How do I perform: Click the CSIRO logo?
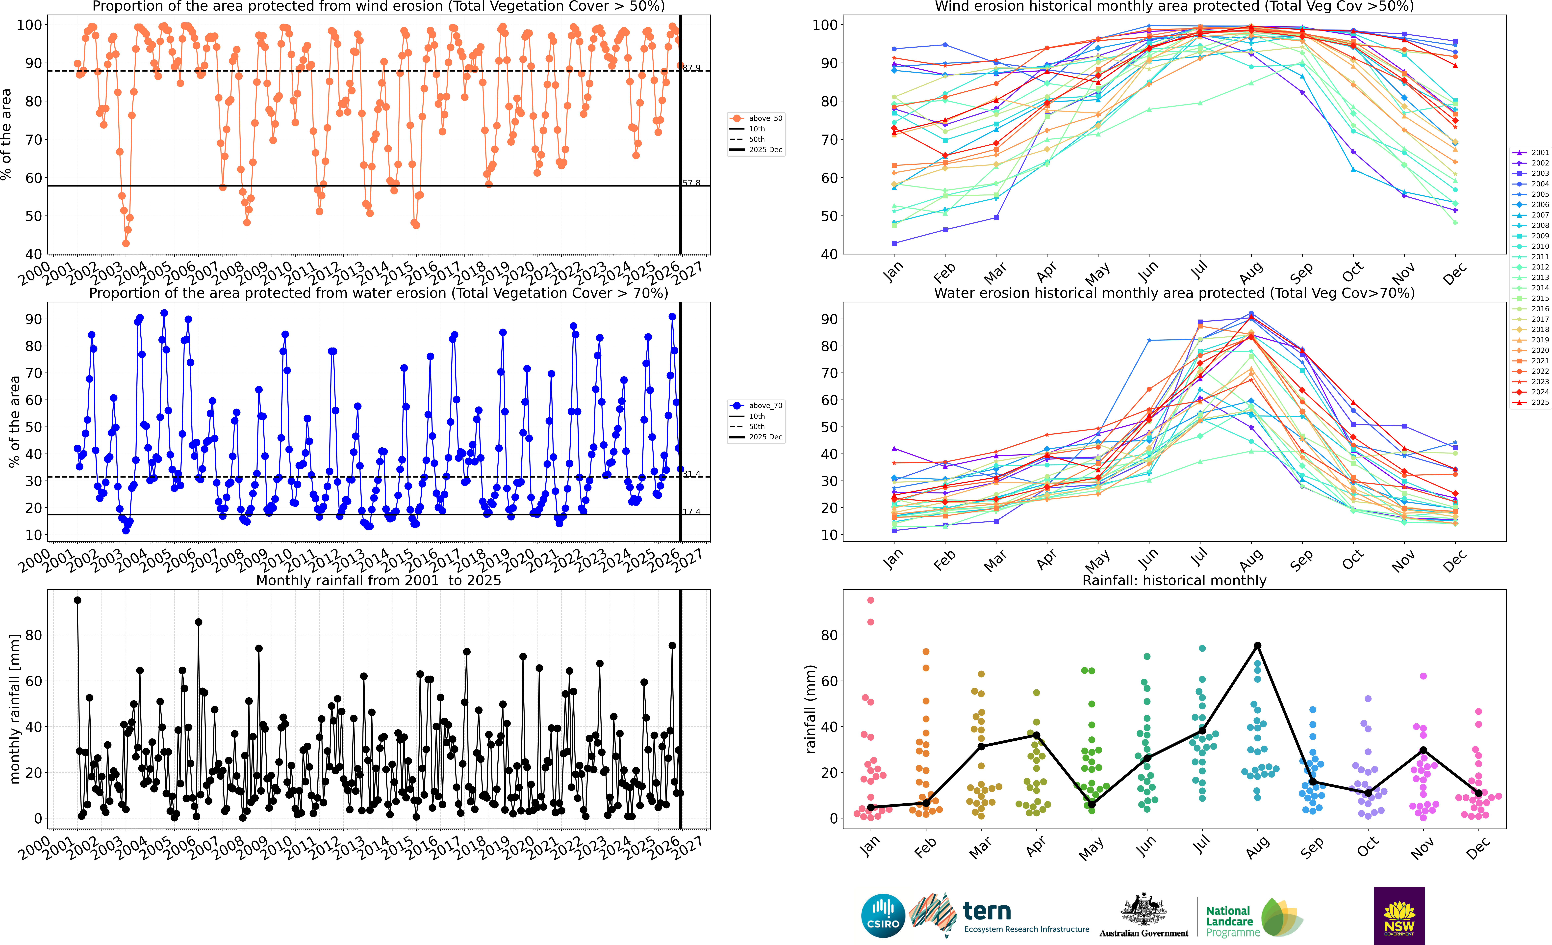pyautogui.click(x=882, y=915)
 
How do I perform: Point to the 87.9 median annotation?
pyautogui.click(x=692, y=67)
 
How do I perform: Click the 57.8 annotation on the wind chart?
pyautogui.click(x=692, y=183)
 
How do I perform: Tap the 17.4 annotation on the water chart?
pyautogui.click(x=692, y=512)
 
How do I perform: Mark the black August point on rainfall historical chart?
pyautogui.click(x=1257, y=646)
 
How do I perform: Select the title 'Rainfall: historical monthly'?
pyautogui.click(x=1174, y=580)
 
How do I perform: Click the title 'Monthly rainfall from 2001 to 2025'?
pyautogui.click(x=379, y=580)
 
